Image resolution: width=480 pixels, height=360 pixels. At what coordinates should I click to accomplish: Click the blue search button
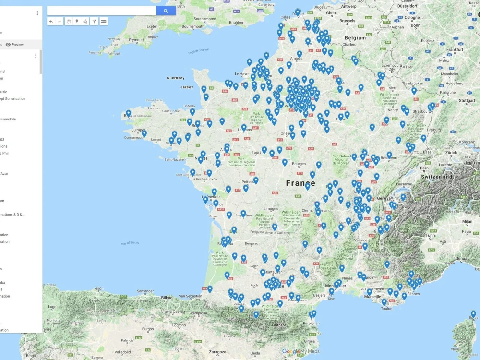click(166, 11)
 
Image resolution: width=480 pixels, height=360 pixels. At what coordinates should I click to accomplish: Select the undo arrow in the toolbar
click(51, 21)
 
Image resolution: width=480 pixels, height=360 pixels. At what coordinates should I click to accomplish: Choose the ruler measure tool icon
click(104, 21)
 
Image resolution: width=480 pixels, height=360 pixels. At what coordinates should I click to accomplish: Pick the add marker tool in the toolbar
click(77, 21)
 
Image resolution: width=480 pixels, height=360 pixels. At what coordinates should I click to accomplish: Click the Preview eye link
click(14, 44)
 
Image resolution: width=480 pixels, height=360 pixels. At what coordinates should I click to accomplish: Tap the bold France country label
click(300, 183)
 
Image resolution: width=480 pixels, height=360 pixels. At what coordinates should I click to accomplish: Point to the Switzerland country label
click(437, 177)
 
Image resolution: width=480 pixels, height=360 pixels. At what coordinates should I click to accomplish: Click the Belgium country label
click(355, 37)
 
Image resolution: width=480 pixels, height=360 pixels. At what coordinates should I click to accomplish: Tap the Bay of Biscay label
click(130, 243)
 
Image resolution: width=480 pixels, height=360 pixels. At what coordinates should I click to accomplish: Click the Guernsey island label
click(175, 78)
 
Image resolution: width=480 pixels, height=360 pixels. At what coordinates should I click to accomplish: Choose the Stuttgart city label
click(466, 101)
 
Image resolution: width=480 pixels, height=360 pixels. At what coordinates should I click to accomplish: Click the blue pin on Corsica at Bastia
click(473, 314)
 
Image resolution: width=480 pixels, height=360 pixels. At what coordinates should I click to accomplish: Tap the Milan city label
click(467, 222)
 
